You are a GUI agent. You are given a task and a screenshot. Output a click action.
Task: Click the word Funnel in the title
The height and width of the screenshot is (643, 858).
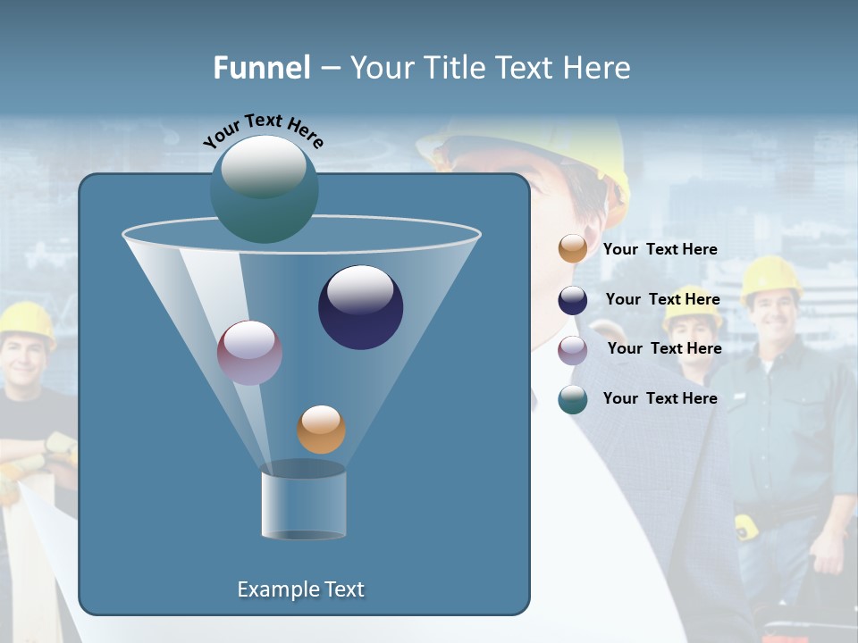tap(262, 68)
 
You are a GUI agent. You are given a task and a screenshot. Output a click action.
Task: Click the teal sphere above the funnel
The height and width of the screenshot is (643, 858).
tap(265, 188)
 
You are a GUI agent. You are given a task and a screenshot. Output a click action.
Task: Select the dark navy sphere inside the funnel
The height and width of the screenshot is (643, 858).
tap(361, 307)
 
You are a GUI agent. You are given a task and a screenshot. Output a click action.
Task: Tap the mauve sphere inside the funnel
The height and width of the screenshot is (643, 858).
tap(249, 353)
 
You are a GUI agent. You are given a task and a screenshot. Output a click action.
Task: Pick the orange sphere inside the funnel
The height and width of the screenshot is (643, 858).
tap(321, 429)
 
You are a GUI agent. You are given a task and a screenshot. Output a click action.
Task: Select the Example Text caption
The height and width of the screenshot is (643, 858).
tap(301, 589)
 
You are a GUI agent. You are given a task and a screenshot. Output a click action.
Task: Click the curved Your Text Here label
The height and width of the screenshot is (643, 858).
tap(264, 130)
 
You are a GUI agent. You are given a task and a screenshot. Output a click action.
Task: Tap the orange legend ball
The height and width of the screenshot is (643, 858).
tap(573, 248)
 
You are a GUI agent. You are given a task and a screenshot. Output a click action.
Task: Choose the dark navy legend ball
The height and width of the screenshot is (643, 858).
tap(573, 300)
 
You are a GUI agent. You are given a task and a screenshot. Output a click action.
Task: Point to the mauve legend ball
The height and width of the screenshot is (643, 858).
tap(573, 349)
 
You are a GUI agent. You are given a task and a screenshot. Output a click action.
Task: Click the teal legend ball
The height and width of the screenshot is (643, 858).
tap(573, 399)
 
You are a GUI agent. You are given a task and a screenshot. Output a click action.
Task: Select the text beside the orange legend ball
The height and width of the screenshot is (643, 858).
tap(660, 249)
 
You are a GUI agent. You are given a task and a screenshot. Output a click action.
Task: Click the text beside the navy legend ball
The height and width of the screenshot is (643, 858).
tap(662, 299)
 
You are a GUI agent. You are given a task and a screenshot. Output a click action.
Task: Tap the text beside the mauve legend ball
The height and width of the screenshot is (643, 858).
tap(664, 348)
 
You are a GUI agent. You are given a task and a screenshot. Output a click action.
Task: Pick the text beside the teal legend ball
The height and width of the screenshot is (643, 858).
tap(660, 398)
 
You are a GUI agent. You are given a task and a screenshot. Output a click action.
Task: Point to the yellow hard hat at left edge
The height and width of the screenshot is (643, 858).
tap(27, 321)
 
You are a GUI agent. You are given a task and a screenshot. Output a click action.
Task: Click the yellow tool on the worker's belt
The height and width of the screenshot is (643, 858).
tap(746, 527)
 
